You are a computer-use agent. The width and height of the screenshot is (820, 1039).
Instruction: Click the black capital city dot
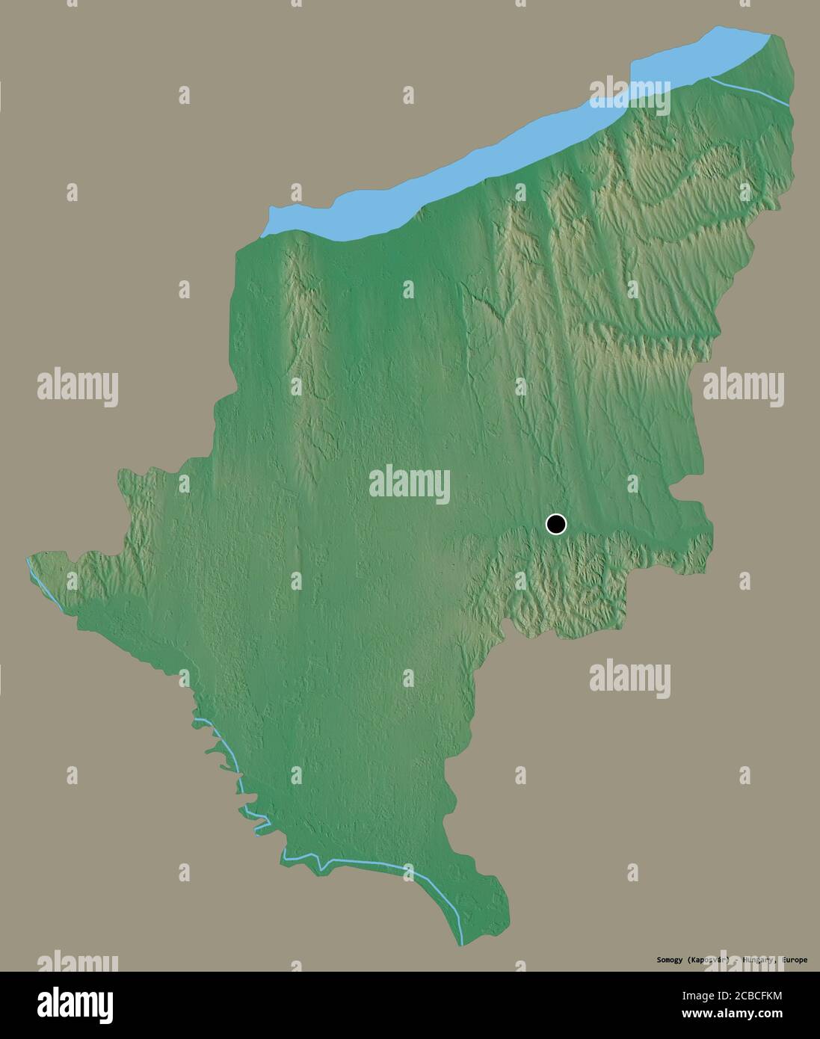pyautogui.click(x=556, y=524)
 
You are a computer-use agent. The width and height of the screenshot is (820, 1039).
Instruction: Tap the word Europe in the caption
pyautogui.click(x=792, y=960)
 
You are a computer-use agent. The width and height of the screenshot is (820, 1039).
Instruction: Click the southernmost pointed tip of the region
pyautogui.click(x=461, y=943)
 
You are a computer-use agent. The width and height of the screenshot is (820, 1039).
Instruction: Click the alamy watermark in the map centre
pyautogui.click(x=410, y=484)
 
